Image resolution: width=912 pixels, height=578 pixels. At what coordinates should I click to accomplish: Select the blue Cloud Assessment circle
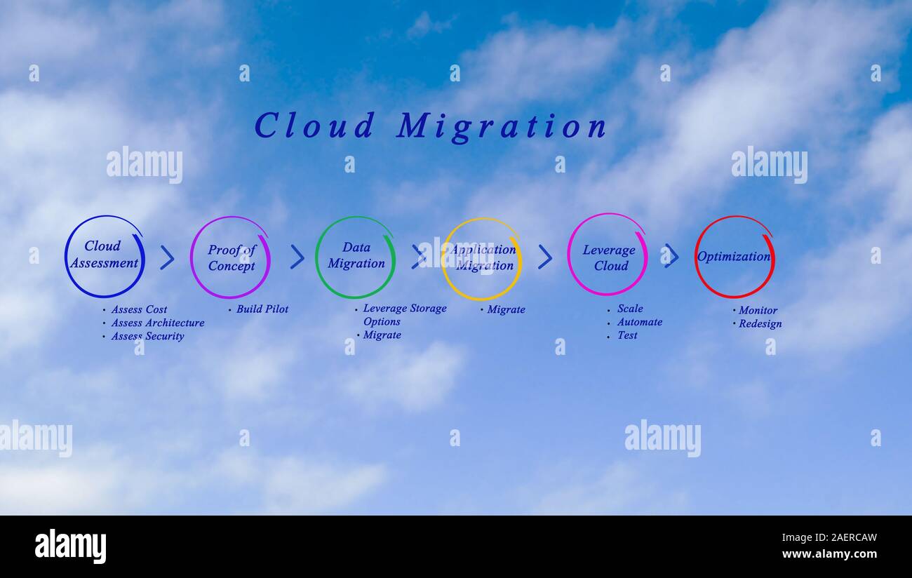(105, 256)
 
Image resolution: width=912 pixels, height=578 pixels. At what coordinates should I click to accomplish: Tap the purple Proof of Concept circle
(230, 257)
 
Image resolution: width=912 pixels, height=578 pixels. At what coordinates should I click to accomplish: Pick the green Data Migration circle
(355, 257)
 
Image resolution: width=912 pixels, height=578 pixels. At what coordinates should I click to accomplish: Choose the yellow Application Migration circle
(481, 258)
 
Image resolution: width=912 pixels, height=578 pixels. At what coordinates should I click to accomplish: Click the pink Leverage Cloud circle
(607, 255)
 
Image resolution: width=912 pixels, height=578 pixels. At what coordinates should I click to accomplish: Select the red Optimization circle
(734, 257)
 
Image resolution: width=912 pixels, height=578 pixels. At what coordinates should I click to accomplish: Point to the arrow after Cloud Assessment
(167, 257)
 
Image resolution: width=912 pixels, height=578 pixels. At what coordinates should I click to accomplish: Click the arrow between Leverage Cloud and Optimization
(671, 256)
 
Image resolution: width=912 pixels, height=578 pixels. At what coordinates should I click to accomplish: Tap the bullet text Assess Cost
(139, 310)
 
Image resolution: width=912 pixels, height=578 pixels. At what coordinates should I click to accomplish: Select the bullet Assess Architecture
(157, 323)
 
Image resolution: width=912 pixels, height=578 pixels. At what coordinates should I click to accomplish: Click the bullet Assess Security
(147, 337)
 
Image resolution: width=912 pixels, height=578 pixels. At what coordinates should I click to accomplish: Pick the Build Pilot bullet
(262, 309)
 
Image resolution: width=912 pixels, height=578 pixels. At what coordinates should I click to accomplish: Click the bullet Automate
(639, 323)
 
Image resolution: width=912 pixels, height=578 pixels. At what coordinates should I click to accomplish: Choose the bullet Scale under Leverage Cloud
(630, 309)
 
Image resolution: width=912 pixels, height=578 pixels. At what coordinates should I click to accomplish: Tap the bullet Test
(627, 335)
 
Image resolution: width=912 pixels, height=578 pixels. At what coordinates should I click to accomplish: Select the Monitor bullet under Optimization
(758, 311)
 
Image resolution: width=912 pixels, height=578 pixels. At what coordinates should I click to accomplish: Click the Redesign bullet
(760, 324)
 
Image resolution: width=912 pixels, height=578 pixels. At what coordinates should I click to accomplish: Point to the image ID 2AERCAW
(839, 538)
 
